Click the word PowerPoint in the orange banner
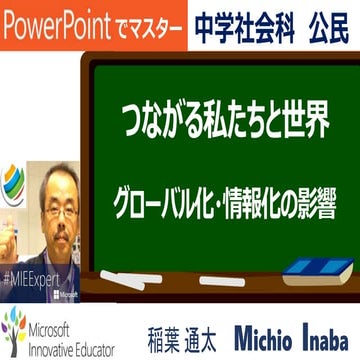54,20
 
